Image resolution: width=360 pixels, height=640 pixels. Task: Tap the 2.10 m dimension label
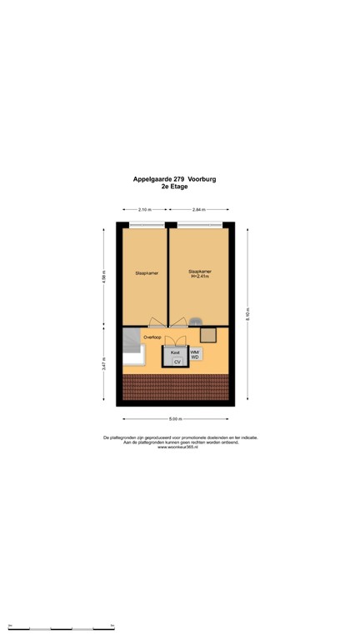coord(144,210)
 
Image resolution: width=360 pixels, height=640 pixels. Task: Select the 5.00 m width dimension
coord(176,419)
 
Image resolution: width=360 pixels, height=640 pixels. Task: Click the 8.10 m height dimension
coord(247,314)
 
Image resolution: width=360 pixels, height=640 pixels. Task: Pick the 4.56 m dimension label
coord(104,277)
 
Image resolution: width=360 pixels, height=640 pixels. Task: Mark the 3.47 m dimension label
coord(104,364)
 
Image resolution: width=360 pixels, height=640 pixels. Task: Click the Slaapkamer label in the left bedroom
coord(147,273)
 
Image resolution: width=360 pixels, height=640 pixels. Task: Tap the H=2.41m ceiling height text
coord(198,277)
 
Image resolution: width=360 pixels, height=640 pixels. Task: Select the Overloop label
coord(152,337)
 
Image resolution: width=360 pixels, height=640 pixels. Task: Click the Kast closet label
coord(175,353)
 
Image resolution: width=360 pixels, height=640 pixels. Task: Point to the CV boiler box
coord(177,362)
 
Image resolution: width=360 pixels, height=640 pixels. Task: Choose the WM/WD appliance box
coord(195,355)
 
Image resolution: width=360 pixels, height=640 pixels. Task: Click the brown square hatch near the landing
coord(208,334)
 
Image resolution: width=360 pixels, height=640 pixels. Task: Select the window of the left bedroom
coord(147,225)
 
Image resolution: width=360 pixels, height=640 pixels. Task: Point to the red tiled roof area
coord(175,386)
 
